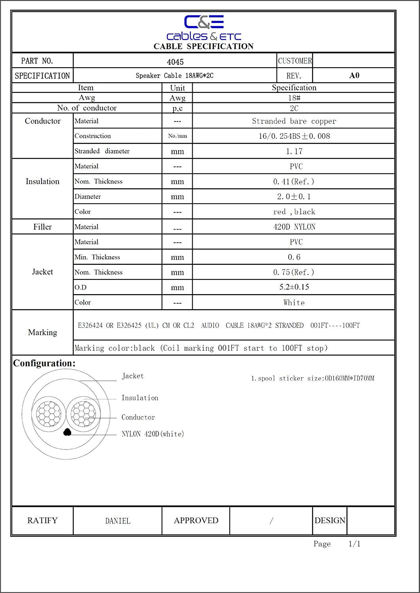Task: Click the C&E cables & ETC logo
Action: click(x=204, y=28)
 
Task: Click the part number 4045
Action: click(x=175, y=62)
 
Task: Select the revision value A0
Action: click(x=354, y=76)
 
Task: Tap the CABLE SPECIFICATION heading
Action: click(x=204, y=46)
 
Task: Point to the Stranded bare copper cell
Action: click(x=294, y=121)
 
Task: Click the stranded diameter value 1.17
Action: click(x=294, y=151)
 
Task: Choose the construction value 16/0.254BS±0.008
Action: click(x=294, y=136)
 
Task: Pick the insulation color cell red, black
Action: click(x=294, y=212)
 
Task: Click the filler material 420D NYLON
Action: click(x=294, y=227)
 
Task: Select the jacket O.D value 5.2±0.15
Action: click(x=294, y=287)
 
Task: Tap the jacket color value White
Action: click(x=294, y=302)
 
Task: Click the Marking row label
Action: click(x=42, y=332)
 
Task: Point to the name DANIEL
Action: click(x=117, y=521)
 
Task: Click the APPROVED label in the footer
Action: click(x=196, y=521)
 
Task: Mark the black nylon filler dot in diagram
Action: click(x=67, y=432)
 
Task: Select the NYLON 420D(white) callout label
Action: click(x=153, y=434)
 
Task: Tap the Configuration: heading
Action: click(x=44, y=363)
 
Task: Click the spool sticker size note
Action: click(x=312, y=378)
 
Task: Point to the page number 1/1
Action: click(x=354, y=544)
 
